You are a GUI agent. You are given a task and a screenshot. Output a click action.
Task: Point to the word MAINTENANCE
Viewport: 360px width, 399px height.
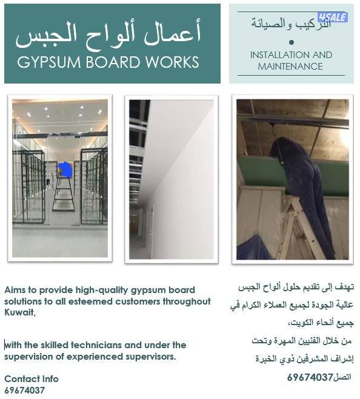coord(290,66)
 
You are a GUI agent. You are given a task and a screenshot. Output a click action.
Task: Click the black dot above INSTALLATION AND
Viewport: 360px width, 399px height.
coord(292,42)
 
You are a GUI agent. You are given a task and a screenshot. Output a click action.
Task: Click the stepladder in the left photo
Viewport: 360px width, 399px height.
coord(63,194)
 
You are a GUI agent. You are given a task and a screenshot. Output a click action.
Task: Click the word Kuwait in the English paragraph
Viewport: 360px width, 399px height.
coord(19,312)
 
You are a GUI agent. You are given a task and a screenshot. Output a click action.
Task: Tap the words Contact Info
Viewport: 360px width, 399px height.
coord(32,379)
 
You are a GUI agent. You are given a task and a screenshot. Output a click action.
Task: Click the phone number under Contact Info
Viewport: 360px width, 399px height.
coord(24,391)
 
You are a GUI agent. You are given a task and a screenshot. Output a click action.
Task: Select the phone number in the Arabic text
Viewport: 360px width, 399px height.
coord(310,377)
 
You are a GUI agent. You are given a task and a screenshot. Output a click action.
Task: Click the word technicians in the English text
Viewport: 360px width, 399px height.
coord(82,345)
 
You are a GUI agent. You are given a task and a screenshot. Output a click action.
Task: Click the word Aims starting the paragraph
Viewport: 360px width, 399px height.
coord(15,290)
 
